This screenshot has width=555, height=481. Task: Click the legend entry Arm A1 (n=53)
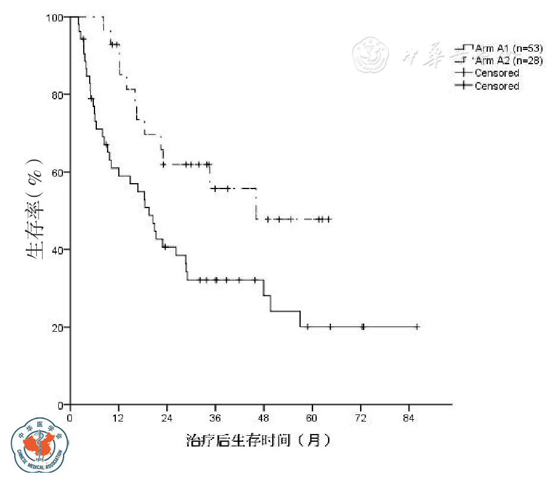coord(508,48)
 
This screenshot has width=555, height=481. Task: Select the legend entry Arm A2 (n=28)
coord(508,61)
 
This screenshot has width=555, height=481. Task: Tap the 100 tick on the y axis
coord(57,17)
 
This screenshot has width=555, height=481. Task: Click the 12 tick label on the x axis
coord(118,417)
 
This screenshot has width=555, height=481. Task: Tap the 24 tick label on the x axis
coord(167,417)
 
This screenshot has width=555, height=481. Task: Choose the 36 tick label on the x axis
coord(215,417)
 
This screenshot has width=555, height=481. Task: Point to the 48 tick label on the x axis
coord(263,417)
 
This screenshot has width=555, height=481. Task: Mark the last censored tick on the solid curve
coord(417,326)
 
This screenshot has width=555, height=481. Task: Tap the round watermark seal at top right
coord(371,55)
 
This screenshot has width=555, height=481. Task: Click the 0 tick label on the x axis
coord(70,417)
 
